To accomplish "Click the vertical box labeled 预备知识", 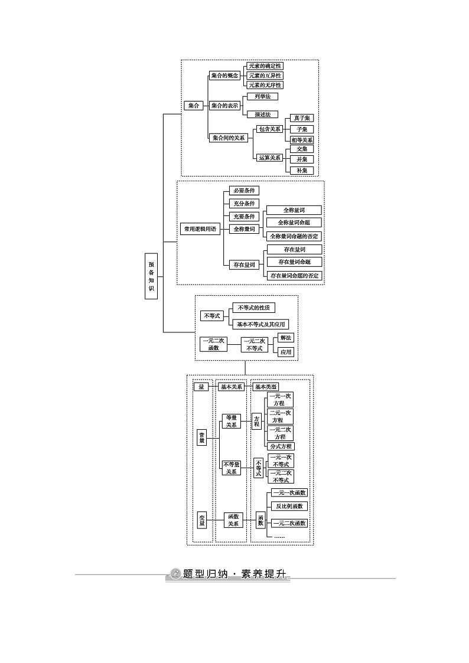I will [x=151, y=276].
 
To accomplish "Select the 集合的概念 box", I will [x=224, y=76].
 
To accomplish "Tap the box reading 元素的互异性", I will [x=265, y=76].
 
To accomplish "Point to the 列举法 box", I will [x=262, y=96].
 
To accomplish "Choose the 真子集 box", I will [x=301, y=117].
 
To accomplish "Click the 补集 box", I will [x=301, y=170].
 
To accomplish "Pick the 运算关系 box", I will [x=269, y=158].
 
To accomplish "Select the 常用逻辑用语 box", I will [x=200, y=229].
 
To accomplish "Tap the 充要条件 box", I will [x=244, y=216].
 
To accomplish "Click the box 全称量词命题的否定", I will [x=294, y=236].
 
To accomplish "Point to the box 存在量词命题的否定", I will [x=294, y=276].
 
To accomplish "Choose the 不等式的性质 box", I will [x=253, y=308].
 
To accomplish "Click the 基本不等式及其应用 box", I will [x=260, y=324].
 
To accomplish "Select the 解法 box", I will [x=286, y=338].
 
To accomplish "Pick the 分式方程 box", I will [x=281, y=446].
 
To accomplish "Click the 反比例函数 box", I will [x=289, y=506].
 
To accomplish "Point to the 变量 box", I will [x=202, y=519].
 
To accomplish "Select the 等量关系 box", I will [x=231, y=421].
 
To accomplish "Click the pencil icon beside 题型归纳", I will [x=175, y=573].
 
